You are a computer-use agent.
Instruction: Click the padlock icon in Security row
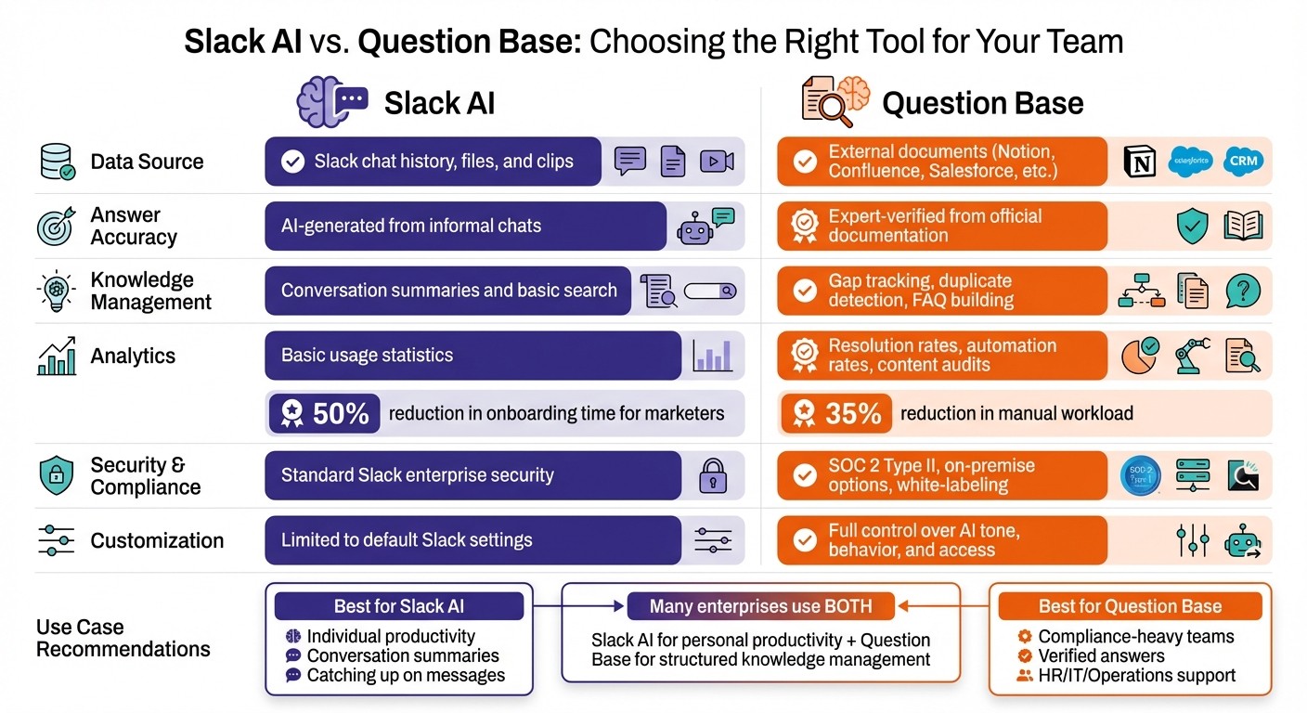point(713,475)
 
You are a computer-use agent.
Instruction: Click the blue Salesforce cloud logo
point(1192,161)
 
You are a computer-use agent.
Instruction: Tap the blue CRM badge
point(1243,161)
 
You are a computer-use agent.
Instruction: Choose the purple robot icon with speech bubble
point(705,226)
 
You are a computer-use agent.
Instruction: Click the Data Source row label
point(147,162)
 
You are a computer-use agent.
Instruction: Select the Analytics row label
point(133,356)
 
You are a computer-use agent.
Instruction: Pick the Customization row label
point(157,540)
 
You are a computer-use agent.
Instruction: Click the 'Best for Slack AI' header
point(399,607)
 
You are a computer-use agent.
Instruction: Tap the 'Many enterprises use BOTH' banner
point(760,607)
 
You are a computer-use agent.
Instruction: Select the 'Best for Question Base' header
point(1130,607)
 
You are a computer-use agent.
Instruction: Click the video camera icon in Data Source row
point(716,162)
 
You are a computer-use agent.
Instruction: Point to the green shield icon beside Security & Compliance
point(56,475)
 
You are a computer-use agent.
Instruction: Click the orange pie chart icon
point(1140,356)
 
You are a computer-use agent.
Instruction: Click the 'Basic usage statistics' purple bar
point(473,356)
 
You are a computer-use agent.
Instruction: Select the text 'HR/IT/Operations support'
point(1136,676)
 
